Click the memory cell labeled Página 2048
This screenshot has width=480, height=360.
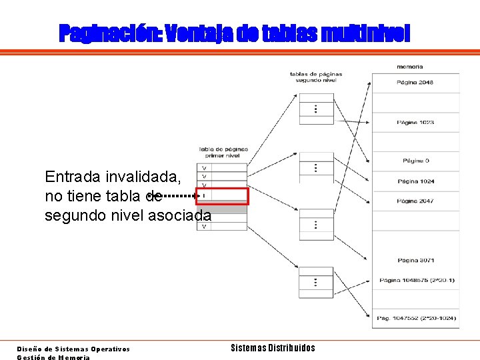415,83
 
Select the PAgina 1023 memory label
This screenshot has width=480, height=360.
415,122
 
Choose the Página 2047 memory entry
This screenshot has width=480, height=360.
415,201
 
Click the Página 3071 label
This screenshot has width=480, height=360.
415,260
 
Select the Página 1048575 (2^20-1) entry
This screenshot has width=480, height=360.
415,280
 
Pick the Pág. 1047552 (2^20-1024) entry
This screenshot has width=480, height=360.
415,318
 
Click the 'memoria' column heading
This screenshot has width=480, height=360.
409,67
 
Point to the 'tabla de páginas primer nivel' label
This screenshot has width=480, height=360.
223,152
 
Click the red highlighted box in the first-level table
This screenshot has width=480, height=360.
222,196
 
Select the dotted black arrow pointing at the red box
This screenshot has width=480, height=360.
180,196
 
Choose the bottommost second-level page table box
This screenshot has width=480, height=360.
316,282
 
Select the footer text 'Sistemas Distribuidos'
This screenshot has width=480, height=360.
273,348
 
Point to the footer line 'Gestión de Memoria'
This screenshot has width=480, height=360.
53,357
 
